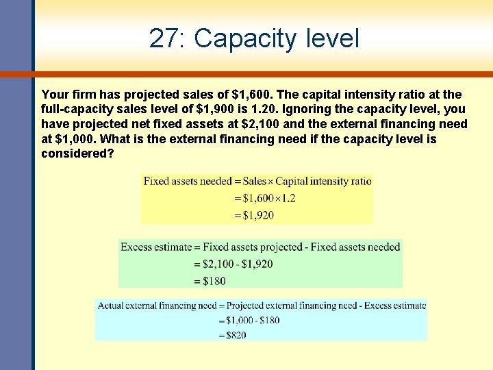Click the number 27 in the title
164,38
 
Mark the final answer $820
233,335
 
